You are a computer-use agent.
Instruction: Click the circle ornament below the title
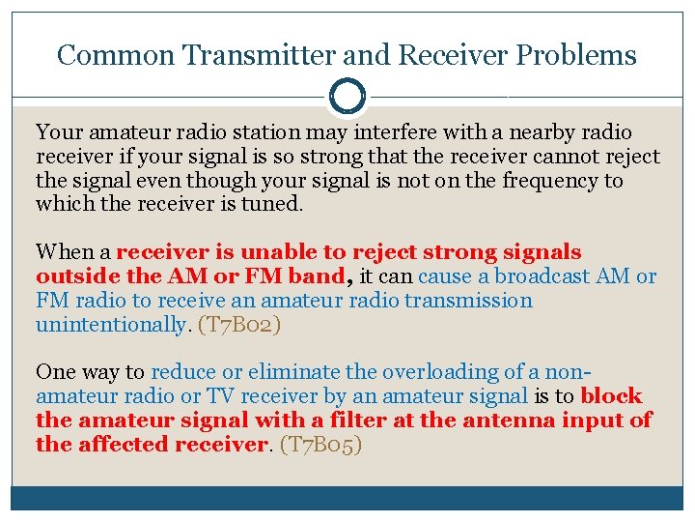pyautogui.click(x=347, y=96)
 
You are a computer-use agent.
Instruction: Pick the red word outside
pyautogui.click(x=73, y=276)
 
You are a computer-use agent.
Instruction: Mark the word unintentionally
pyautogui.click(x=110, y=325)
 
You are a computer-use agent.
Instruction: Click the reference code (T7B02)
pyautogui.click(x=239, y=325)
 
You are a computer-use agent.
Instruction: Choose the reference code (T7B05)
pyautogui.click(x=320, y=445)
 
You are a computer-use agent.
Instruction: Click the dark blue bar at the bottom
pyautogui.click(x=347, y=499)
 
